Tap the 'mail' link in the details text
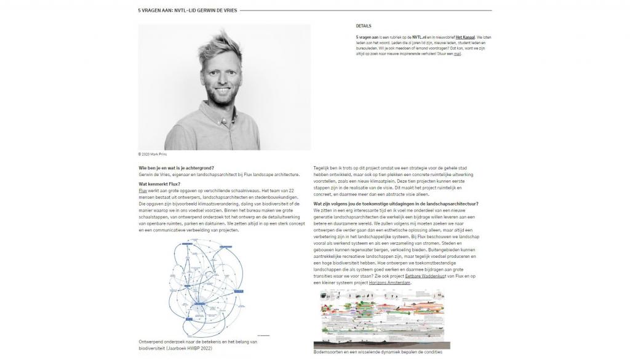point(457,54)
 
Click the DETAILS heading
point(364,26)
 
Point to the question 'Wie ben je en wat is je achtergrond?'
point(177,167)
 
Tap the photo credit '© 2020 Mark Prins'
point(153,154)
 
